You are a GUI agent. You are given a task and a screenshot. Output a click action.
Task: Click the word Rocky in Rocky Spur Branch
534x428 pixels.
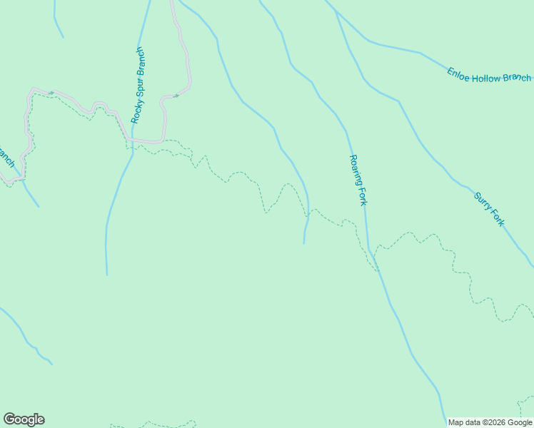click(136, 113)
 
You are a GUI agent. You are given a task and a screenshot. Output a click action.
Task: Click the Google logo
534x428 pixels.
click(24, 419)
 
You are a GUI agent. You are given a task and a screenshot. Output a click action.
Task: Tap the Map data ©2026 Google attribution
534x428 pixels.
click(490, 422)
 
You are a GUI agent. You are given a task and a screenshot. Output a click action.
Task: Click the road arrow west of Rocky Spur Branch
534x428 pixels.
click(51, 93)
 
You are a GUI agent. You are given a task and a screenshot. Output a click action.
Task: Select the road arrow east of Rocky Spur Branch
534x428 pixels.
click(175, 95)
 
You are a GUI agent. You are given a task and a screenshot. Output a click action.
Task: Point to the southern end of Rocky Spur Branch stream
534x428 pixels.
click(107, 275)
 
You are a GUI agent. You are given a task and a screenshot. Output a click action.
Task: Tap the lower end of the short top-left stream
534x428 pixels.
click(63, 37)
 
